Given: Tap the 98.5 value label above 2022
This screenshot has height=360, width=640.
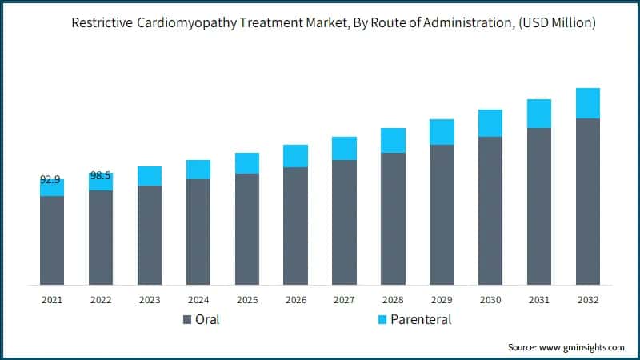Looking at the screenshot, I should tap(101, 175).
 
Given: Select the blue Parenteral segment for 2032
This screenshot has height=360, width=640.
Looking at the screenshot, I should tap(588, 103).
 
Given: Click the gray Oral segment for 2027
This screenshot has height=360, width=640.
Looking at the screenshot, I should tap(344, 222).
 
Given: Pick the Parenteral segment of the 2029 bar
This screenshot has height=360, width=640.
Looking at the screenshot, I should tap(442, 132).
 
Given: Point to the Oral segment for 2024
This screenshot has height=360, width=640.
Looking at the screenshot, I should tap(198, 231).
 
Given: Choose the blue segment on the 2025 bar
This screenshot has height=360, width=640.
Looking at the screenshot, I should tap(247, 163).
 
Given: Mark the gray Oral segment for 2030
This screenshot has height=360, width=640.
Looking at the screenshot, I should tap(490, 210).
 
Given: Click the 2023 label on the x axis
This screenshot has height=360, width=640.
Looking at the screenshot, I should tap(150, 299).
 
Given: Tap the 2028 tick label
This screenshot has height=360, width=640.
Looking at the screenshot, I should tap(393, 299).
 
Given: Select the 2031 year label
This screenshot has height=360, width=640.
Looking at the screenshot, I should tap(539, 299).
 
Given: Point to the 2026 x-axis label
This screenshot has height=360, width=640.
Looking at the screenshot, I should tap(295, 299).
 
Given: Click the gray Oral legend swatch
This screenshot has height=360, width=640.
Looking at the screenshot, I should tap(187, 320).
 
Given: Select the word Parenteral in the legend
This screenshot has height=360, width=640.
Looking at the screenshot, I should tap(422, 320).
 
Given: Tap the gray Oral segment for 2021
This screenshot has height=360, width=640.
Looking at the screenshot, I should tap(52, 240).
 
